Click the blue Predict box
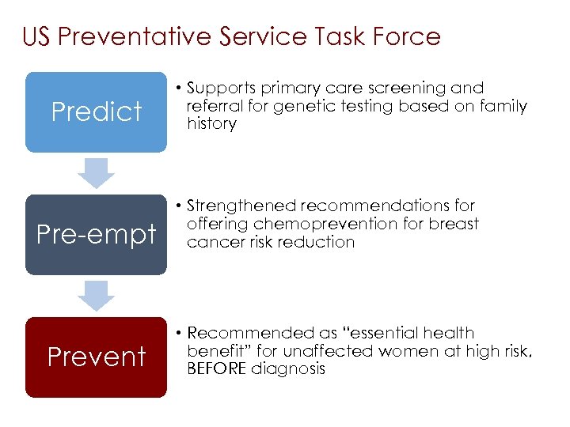tap(96, 111)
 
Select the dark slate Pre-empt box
tap(96, 234)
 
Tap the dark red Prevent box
tap(96, 357)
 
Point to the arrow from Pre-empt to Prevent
tap(97, 296)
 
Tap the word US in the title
tap(38, 36)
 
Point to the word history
tap(211, 124)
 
